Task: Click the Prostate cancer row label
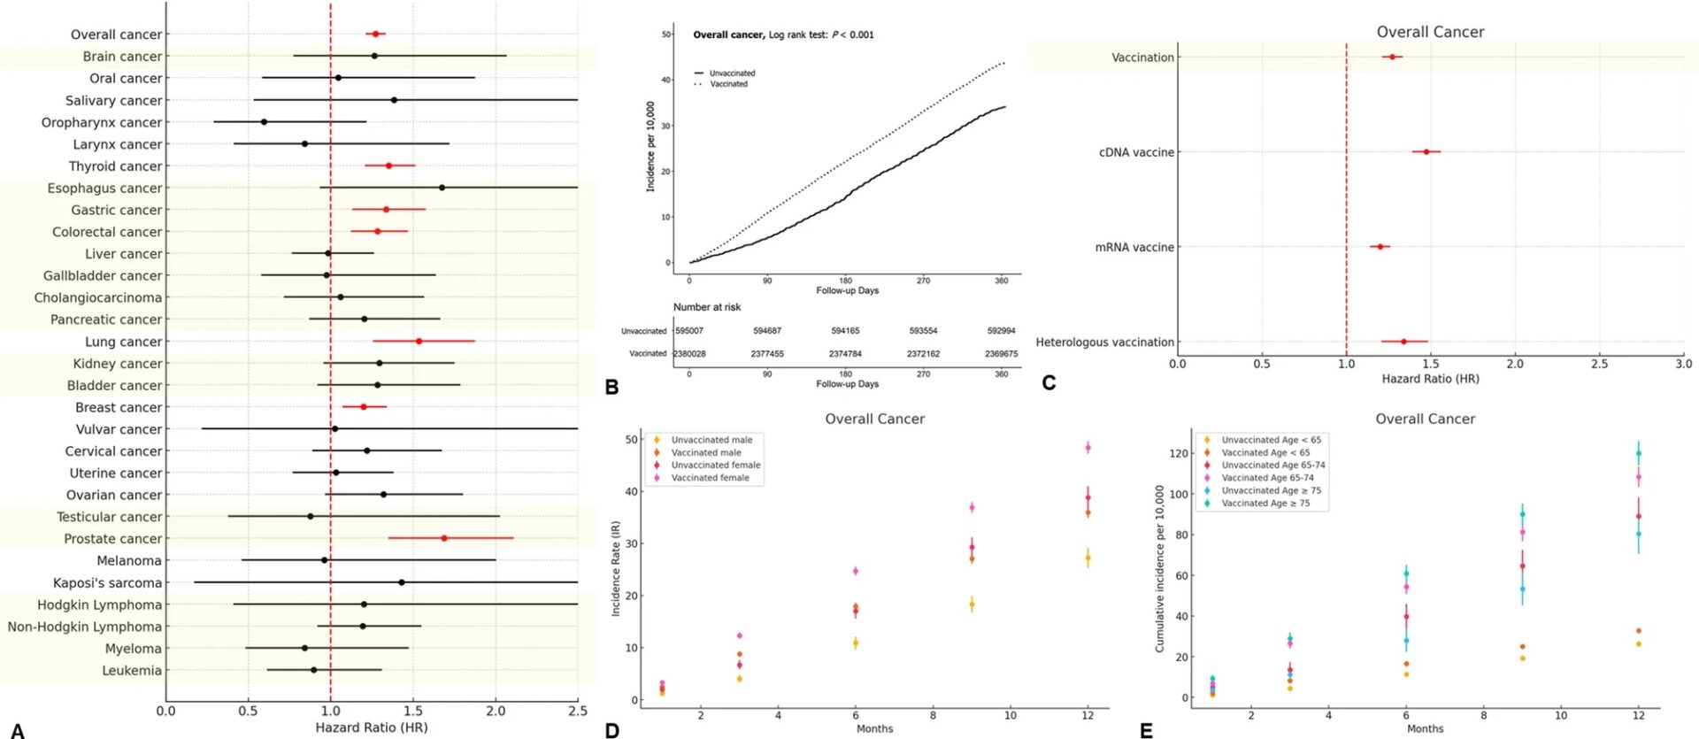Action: (112, 539)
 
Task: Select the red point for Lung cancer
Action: (419, 341)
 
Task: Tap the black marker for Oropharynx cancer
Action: (264, 122)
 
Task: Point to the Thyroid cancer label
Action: (115, 166)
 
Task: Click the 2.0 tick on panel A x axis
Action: (496, 711)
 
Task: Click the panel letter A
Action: (17, 731)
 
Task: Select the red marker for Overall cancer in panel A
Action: (375, 34)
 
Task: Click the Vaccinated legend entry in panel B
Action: (728, 84)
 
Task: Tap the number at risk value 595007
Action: (688, 331)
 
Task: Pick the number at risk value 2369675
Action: (1001, 354)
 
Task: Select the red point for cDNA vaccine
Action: (1426, 152)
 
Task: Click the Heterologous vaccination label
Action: (1104, 343)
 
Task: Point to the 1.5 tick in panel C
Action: (1430, 364)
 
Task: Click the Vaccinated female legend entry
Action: (710, 478)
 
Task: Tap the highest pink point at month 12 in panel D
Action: (1088, 448)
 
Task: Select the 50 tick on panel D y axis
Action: (632, 440)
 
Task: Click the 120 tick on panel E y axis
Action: (1178, 453)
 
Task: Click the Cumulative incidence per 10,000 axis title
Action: (1159, 569)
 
